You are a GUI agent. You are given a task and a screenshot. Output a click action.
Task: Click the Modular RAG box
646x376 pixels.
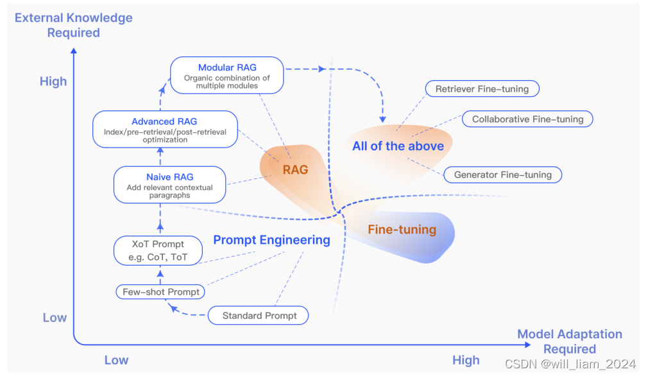227,76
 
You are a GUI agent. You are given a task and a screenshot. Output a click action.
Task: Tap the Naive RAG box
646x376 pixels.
170,185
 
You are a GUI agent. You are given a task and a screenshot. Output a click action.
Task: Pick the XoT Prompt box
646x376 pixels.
158,251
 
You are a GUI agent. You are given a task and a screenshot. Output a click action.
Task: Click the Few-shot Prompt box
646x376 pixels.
161,292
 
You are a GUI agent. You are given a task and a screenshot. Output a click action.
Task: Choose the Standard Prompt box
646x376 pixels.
259,316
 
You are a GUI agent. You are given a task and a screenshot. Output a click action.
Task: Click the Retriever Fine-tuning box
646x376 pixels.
482,89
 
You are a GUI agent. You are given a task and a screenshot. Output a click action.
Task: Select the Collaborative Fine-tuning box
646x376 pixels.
527,119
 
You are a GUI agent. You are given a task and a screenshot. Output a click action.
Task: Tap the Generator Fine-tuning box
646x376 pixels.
502,175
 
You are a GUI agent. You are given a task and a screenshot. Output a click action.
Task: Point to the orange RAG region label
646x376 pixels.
295,170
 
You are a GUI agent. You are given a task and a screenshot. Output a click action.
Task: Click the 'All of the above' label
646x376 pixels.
398,146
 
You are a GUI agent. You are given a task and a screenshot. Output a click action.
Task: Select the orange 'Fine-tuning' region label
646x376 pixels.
402,230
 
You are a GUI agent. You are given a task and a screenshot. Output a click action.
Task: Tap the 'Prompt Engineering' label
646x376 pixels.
271,240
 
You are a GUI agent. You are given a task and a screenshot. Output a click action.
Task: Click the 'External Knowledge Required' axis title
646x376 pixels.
74,25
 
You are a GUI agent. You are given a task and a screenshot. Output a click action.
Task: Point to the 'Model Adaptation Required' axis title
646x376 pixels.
570,341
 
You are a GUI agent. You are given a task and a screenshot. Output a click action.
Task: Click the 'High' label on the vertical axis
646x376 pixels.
53,81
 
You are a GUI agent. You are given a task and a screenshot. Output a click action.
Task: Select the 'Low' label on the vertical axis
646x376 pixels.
55,318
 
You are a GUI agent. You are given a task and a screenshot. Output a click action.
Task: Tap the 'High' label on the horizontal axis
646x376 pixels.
466,360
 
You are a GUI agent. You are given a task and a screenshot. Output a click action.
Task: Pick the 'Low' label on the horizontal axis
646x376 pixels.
116,360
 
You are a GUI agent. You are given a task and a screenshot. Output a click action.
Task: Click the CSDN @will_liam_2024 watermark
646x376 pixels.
570,364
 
